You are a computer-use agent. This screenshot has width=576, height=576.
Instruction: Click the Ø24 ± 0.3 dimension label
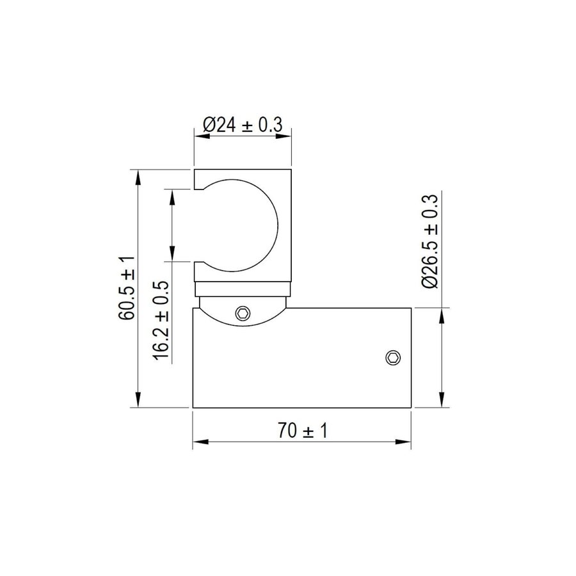[243, 125]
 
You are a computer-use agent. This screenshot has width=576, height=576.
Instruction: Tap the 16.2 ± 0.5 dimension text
[161, 321]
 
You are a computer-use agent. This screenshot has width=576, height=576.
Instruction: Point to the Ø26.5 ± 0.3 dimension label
[429, 241]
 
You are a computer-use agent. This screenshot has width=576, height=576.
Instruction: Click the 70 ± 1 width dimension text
[302, 431]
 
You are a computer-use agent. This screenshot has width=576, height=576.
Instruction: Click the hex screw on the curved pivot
[243, 314]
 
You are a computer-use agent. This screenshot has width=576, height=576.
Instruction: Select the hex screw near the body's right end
[393, 357]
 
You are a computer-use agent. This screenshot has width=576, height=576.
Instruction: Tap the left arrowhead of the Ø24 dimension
[202, 136]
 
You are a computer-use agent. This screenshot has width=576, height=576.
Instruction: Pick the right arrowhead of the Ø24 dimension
[284, 136]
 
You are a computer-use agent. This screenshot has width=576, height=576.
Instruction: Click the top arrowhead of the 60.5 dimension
[138, 177]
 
